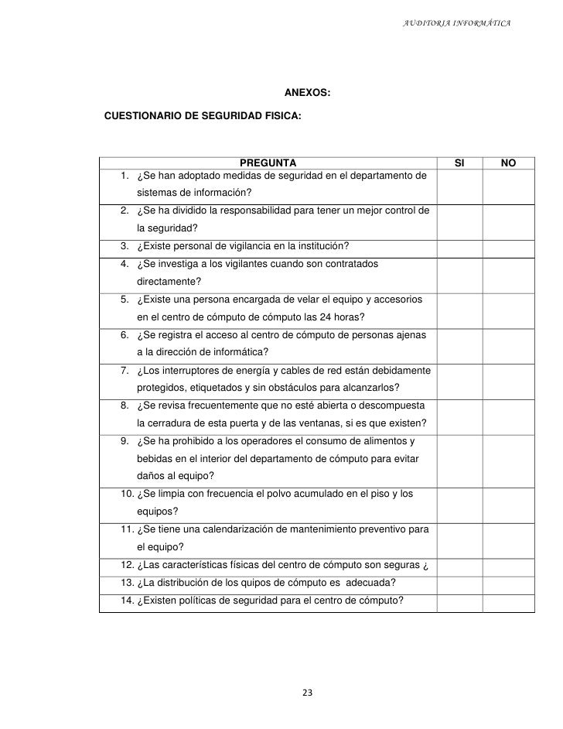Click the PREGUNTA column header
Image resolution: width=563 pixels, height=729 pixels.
coord(268,163)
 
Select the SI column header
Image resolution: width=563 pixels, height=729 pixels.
coord(459,163)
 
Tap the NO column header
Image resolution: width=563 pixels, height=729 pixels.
coord(508,163)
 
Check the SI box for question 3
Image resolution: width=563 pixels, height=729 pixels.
coord(459,248)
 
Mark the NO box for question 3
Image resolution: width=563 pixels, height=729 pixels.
coord(508,248)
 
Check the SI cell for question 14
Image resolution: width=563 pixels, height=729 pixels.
coord(459,603)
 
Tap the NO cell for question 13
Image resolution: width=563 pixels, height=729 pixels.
coord(508,583)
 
